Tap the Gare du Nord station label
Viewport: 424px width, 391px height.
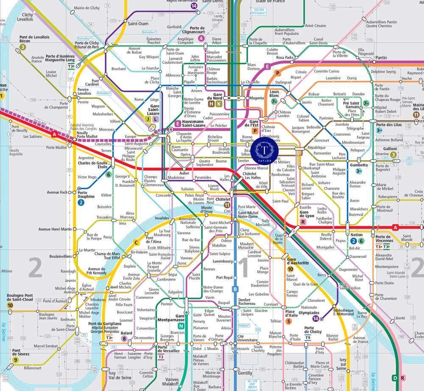click(x=218, y=96)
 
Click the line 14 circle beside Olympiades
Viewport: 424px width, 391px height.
click(x=315, y=318)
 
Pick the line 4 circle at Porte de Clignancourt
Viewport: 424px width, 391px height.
click(x=201, y=39)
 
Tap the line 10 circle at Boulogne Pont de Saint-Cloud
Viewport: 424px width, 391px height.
click(x=10, y=305)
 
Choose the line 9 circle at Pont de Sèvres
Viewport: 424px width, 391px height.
click(x=16, y=360)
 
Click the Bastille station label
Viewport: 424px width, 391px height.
click(x=305, y=208)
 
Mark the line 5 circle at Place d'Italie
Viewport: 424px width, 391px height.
click(x=288, y=321)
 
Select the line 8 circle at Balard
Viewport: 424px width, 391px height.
click(x=124, y=338)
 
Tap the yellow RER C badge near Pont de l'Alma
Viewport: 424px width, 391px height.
click(x=136, y=243)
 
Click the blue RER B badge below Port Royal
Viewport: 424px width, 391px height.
click(x=234, y=289)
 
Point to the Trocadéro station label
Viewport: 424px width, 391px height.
click(x=104, y=217)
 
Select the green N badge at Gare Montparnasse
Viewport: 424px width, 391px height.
click(x=181, y=326)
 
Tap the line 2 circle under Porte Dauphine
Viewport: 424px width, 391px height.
click(x=81, y=203)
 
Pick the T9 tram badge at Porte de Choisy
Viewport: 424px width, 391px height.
click(x=308, y=338)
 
